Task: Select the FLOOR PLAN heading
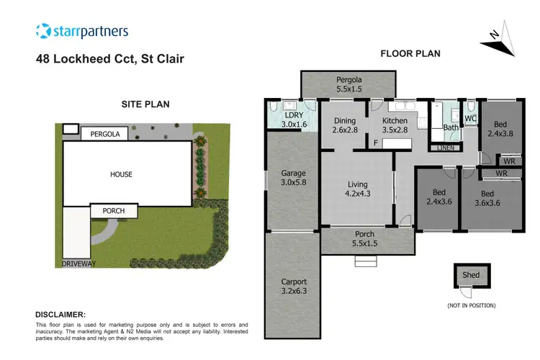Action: click(410, 53)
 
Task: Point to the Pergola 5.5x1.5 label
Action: click(347, 85)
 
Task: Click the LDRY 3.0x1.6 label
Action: click(292, 120)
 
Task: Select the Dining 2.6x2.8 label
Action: click(345, 126)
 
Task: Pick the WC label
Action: click(471, 119)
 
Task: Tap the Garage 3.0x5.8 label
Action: click(293, 178)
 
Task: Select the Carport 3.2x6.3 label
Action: click(293, 287)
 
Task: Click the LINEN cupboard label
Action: click(446, 148)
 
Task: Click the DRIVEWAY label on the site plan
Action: click(79, 264)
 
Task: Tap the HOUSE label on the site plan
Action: click(121, 174)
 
